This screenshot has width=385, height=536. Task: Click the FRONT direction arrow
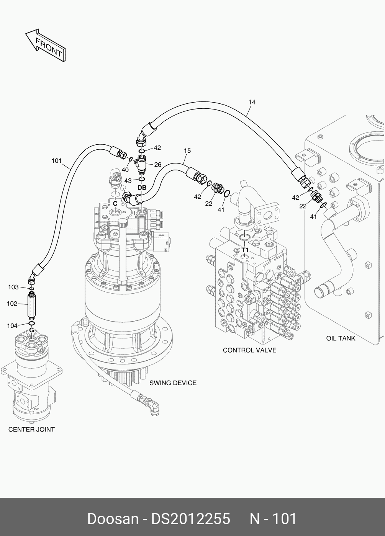click(x=46, y=45)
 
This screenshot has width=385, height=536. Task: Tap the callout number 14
click(x=252, y=102)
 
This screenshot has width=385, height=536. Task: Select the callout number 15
click(x=187, y=151)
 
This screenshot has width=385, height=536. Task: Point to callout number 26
click(x=157, y=165)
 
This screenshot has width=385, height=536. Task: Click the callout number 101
click(x=57, y=161)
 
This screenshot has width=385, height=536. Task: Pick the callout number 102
click(x=12, y=304)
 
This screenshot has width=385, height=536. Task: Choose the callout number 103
click(x=13, y=287)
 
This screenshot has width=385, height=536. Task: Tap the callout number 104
click(x=12, y=326)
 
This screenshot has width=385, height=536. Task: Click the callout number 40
click(x=125, y=170)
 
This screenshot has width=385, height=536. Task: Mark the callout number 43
click(x=128, y=181)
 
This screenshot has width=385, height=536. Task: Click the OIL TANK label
click(x=341, y=338)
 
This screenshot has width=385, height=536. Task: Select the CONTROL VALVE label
click(x=249, y=350)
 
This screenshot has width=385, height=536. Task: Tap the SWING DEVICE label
click(x=173, y=383)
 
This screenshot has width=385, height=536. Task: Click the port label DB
click(x=142, y=188)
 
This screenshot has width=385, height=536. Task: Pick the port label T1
click(x=245, y=250)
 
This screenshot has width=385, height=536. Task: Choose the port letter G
click(x=31, y=330)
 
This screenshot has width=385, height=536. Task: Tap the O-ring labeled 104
click(x=31, y=324)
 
